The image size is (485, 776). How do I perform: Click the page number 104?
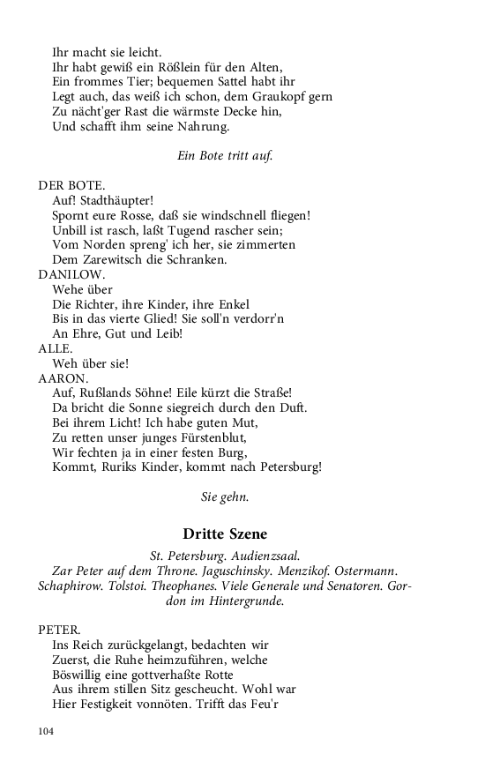pos(47,731)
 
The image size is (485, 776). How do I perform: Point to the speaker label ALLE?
pos(55,348)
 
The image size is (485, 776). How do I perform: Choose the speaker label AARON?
pos(63,377)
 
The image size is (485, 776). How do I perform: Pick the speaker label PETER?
pos(59,630)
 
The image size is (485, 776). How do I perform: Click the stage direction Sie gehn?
pos(225,496)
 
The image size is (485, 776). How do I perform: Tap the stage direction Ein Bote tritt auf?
pos(225,155)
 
